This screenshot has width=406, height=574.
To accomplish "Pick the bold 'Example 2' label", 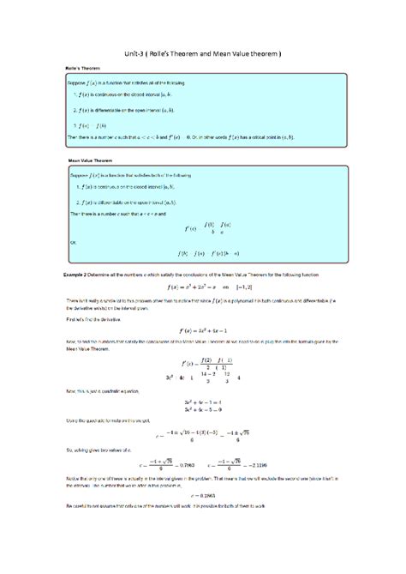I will [66, 273].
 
